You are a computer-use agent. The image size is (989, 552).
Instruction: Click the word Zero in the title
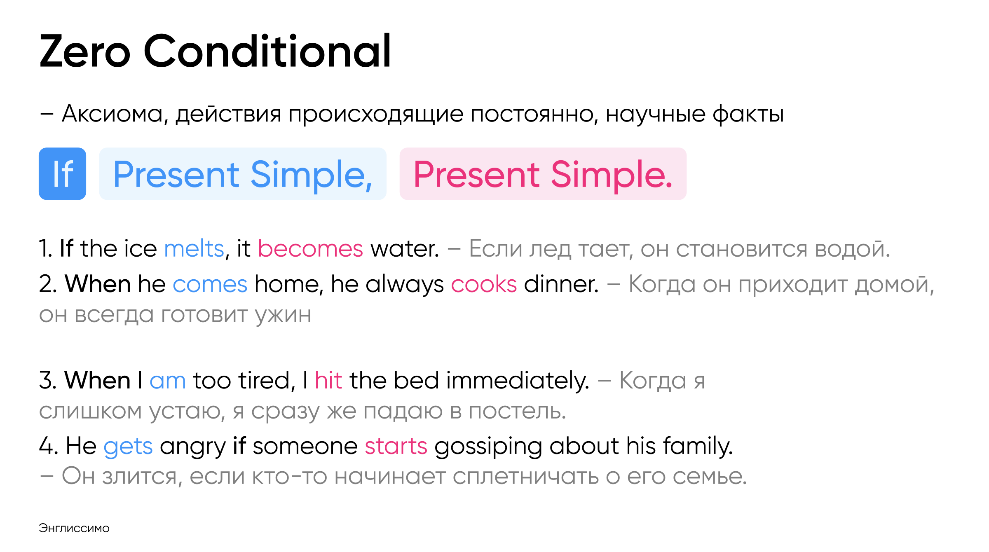click(85, 51)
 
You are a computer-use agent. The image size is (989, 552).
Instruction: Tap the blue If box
click(62, 174)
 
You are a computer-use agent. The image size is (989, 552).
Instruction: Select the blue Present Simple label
click(243, 174)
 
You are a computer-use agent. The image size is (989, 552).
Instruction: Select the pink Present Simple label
click(543, 174)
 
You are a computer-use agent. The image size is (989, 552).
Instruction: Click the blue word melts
click(194, 248)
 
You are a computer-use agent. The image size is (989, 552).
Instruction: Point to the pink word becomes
click(310, 248)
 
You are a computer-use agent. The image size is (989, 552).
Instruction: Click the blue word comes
click(210, 284)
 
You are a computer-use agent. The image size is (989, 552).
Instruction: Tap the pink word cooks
click(484, 284)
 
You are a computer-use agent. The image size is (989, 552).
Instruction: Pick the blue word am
click(168, 380)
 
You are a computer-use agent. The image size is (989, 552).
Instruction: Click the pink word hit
click(328, 380)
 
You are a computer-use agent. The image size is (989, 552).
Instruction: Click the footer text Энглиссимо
click(74, 528)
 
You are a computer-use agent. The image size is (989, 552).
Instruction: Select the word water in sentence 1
click(405, 248)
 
